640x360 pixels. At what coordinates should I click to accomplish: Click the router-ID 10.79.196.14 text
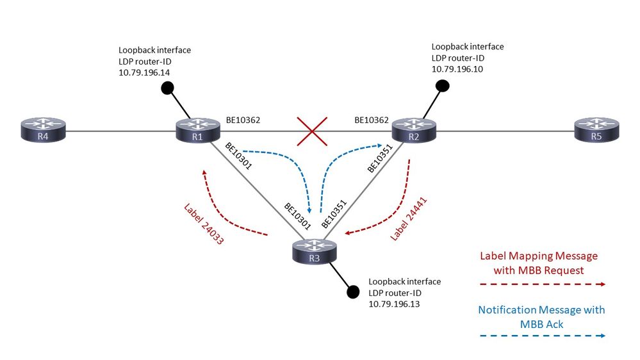tap(144, 73)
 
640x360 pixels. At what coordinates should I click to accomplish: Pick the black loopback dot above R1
tap(167, 90)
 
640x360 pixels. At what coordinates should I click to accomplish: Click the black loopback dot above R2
tap(441, 85)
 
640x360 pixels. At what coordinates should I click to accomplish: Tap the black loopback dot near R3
tap(352, 292)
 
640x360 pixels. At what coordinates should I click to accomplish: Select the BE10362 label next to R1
tap(243, 119)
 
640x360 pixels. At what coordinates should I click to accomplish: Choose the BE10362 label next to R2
tap(372, 119)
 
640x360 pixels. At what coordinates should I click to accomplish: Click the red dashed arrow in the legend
tap(542, 284)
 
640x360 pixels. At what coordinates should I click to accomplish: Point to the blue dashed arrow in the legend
tap(542, 334)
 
